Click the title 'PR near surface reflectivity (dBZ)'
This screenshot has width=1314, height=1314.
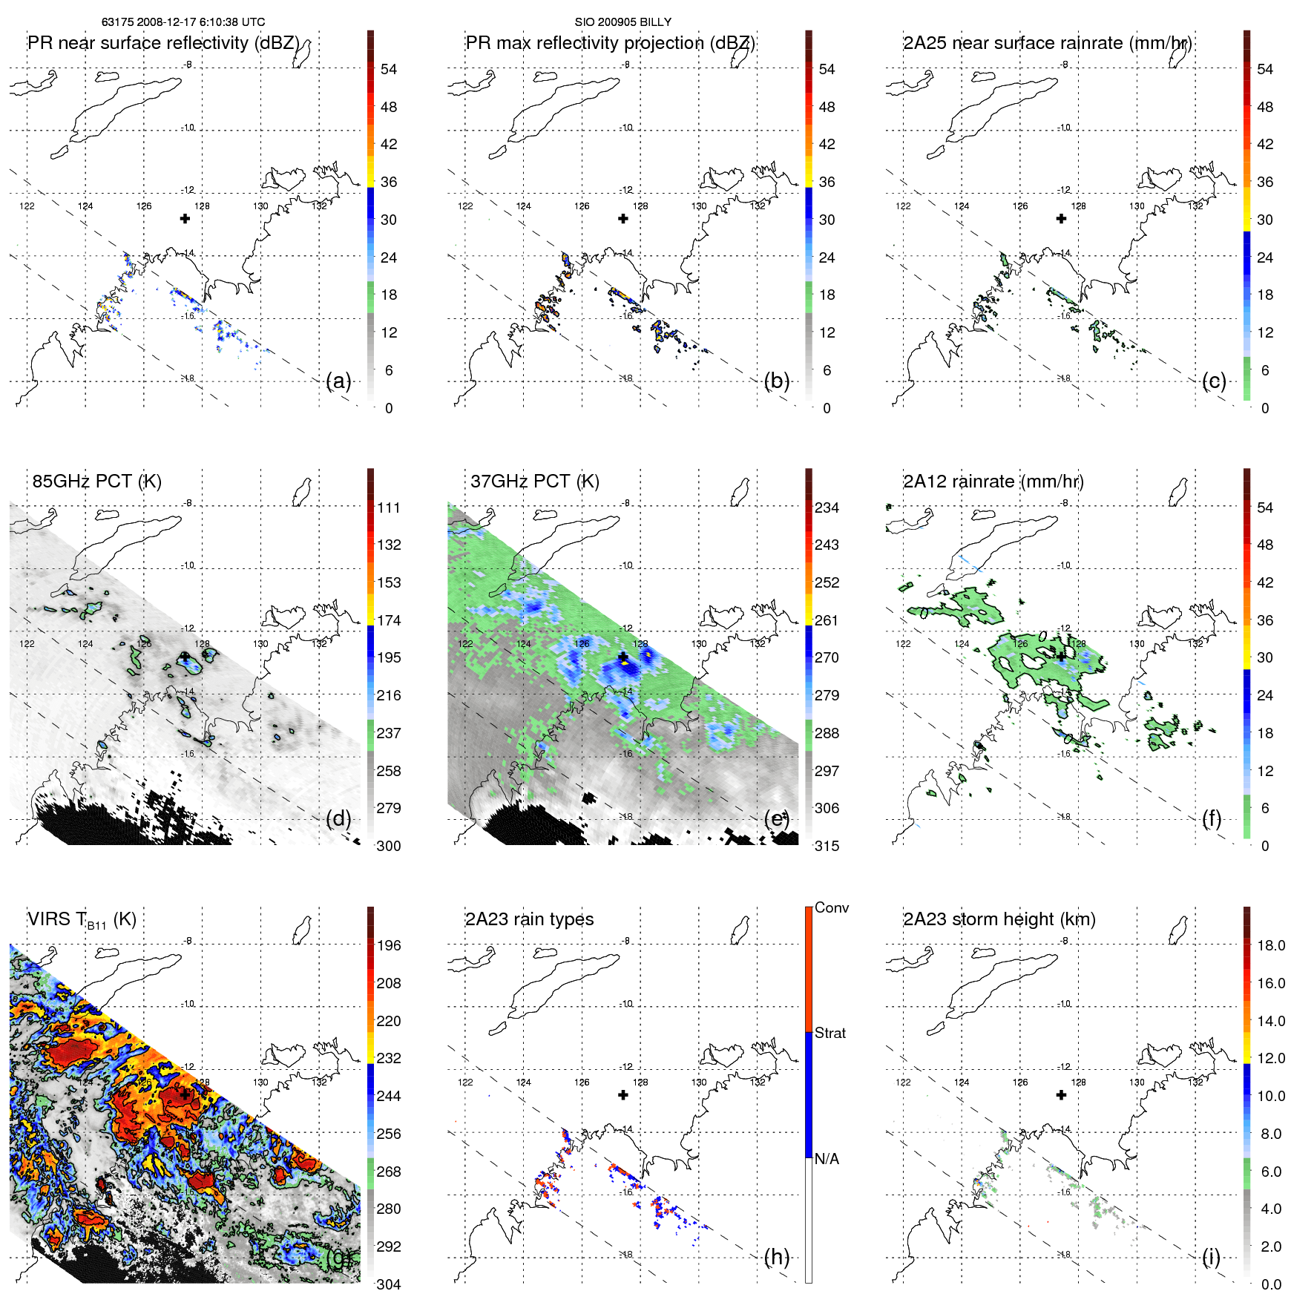163,43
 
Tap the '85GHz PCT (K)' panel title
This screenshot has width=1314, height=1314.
96,482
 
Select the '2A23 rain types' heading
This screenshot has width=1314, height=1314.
529,919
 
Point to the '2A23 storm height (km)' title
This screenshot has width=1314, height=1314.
999,919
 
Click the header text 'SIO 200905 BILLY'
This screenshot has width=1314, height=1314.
622,22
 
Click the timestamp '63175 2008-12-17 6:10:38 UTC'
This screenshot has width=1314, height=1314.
183,22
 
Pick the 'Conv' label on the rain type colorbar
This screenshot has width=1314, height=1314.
831,907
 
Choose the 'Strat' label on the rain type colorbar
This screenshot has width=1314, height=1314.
830,1033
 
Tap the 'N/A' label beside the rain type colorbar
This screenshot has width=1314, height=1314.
827,1159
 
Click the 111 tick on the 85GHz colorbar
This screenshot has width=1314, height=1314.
389,507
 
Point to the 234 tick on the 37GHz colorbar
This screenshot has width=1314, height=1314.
827,507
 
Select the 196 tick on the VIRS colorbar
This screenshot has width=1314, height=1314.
389,945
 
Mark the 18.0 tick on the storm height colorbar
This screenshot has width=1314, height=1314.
1271,945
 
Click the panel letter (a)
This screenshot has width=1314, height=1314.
338,381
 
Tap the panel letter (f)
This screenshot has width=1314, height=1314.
1212,818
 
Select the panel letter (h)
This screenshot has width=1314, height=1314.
776,1256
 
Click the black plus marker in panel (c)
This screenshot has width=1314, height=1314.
1061,218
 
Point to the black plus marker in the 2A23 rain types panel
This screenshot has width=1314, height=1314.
623,1094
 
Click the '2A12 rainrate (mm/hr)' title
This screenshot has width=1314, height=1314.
993,482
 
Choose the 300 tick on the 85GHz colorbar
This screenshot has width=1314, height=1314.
389,846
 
